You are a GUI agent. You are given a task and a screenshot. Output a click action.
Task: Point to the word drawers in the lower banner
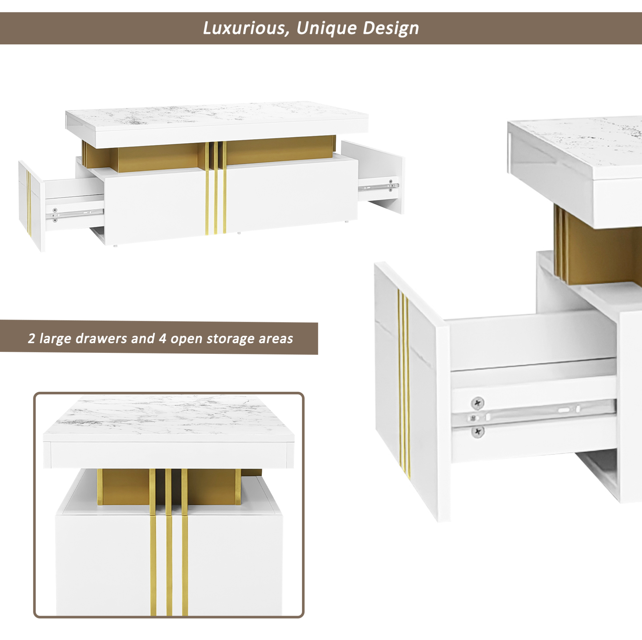pyautogui.click(x=102, y=339)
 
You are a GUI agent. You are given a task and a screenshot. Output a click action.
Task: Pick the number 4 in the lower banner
pyautogui.click(x=162, y=339)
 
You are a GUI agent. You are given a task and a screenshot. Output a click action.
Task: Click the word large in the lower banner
pyautogui.click(x=55, y=339)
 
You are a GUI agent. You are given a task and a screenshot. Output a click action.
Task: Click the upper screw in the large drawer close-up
pyautogui.click(x=478, y=403)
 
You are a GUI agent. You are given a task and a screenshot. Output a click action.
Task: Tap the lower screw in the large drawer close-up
pyautogui.click(x=478, y=432)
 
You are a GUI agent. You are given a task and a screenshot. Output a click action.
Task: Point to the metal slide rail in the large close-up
pyautogui.click(x=534, y=413)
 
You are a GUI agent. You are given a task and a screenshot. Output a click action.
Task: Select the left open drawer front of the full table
pyautogui.click(x=31, y=206)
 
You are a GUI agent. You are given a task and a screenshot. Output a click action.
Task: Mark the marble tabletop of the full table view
pyautogui.click(x=217, y=116)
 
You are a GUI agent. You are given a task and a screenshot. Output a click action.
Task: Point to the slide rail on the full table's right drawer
pyautogui.click(x=379, y=186)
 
